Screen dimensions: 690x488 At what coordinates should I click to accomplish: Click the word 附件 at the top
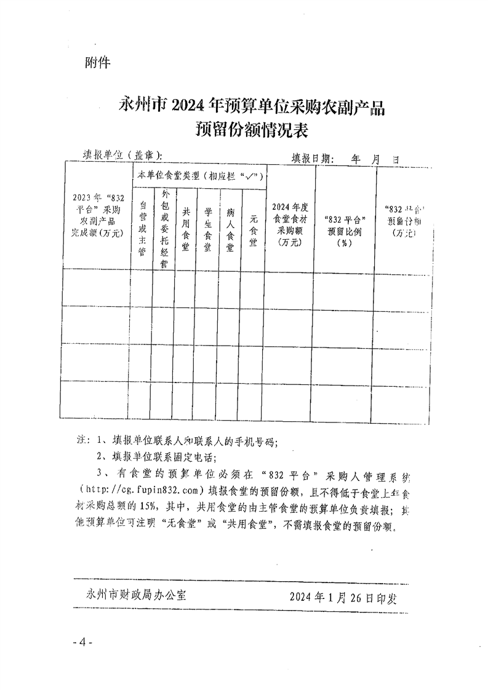[95, 63]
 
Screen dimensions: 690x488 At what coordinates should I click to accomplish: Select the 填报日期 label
[312, 157]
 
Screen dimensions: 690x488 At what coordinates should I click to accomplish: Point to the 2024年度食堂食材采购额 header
[289, 224]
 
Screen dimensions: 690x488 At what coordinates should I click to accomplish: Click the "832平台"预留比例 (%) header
[345, 230]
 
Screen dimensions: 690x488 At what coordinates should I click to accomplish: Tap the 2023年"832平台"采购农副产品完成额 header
[98, 215]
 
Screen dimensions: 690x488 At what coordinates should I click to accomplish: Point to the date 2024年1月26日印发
[343, 597]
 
